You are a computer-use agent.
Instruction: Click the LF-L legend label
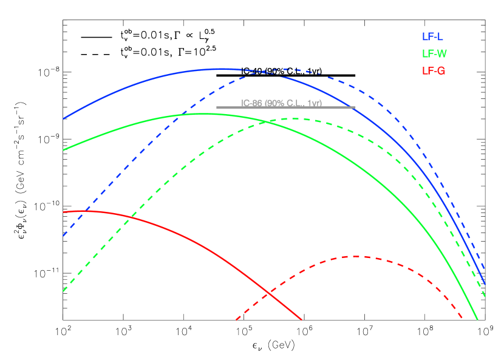click(432, 37)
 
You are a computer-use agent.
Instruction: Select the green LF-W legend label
click(434, 54)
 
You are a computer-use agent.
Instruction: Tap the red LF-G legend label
click(434, 71)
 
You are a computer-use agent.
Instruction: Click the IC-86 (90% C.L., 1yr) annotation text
click(281, 103)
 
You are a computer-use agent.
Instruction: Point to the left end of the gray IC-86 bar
click(217, 107)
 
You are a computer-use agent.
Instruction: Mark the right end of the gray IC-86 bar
click(355, 107)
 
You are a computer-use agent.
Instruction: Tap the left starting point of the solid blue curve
click(63, 118)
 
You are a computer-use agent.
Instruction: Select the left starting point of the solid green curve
click(63, 150)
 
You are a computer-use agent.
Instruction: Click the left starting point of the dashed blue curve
click(63, 236)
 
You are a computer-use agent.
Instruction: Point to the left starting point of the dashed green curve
click(63, 291)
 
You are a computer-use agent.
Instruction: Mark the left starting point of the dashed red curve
click(236, 320)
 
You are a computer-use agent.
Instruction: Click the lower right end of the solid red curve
click(302, 320)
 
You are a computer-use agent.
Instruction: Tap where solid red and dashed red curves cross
click(268, 294)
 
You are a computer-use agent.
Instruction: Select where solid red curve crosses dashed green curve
click(131, 217)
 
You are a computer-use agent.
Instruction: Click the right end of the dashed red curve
click(463, 318)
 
